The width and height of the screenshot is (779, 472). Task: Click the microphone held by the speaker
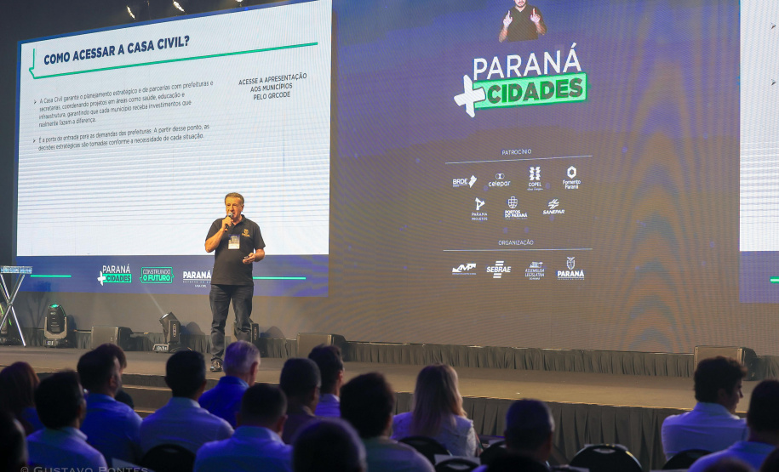tap(227, 219)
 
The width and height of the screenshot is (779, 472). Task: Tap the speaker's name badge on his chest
tap(234, 242)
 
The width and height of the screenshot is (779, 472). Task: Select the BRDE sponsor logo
tap(464, 181)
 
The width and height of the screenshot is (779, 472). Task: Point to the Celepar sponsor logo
tap(499, 180)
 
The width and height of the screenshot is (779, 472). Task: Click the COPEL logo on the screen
tap(535, 177)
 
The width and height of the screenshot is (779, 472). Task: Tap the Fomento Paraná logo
tap(571, 177)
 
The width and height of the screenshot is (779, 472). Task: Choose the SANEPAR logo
tap(553, 208)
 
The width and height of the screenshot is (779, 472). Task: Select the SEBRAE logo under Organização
tap(499, 270)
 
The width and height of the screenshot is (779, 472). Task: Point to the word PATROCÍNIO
tap(517, 151)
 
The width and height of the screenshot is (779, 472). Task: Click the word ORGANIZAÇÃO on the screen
tap(516, 242)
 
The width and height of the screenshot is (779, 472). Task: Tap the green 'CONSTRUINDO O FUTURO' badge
tap(156, 275)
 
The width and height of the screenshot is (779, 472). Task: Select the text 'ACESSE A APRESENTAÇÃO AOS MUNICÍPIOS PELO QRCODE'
tap(272, 85)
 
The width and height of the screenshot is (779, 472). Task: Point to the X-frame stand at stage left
tap(12, 302)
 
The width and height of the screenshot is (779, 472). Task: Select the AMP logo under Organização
tap(464, 269)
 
